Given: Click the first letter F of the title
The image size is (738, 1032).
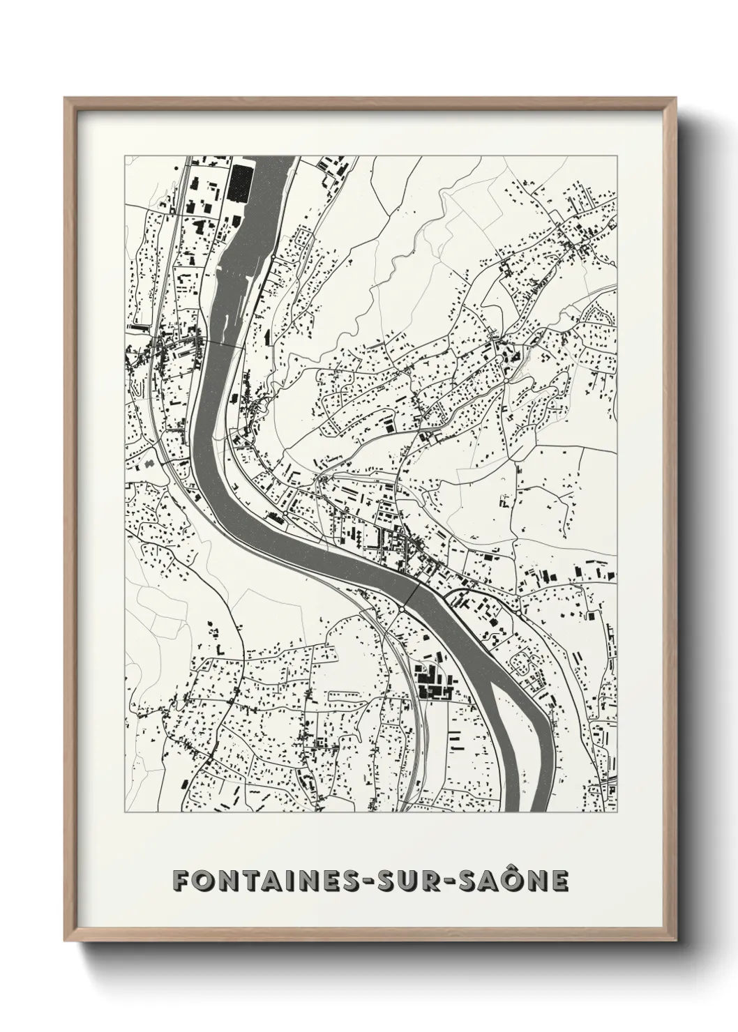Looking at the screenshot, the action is coord(181,881).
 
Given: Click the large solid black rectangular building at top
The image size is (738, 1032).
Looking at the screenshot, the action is coord(240,183).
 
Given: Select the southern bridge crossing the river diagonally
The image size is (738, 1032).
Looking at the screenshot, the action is coord(412,596).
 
